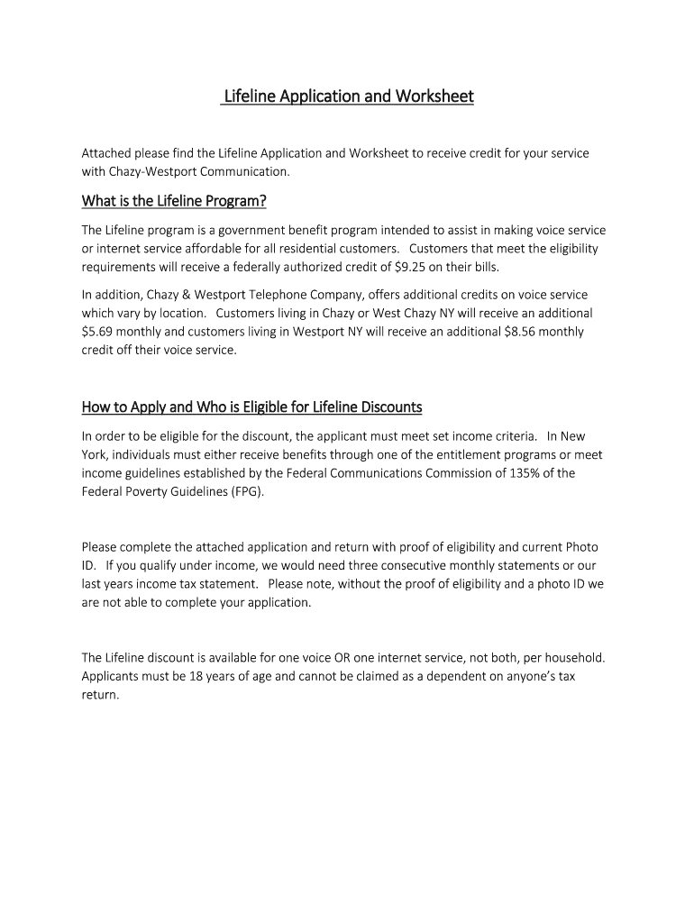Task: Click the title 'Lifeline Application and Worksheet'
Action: click(347, 96)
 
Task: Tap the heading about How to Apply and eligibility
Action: click(251, 407)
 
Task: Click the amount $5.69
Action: click(98, 332)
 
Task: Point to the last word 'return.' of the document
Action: click(100, 695)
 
